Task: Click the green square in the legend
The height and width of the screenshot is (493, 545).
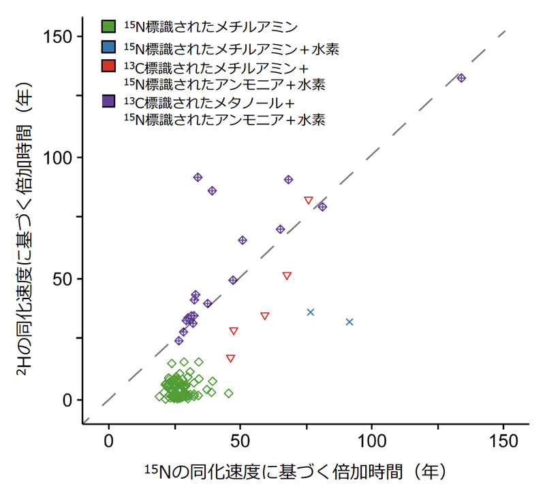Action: point(108,27)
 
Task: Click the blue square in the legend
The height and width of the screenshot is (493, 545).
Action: point(108,48)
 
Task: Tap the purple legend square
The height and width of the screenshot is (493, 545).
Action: point(108,101)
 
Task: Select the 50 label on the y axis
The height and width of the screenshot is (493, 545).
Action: point(65,279)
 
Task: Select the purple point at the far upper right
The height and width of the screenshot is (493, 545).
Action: point(461,78)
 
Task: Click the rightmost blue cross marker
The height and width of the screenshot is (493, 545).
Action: point(349,322)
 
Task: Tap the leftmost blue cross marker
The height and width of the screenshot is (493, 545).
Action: point(311,312)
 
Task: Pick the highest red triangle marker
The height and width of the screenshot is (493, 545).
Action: point(309,200)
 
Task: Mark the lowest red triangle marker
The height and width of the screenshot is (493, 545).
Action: point(230,358)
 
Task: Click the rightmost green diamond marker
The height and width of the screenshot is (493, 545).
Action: point(229,393)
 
